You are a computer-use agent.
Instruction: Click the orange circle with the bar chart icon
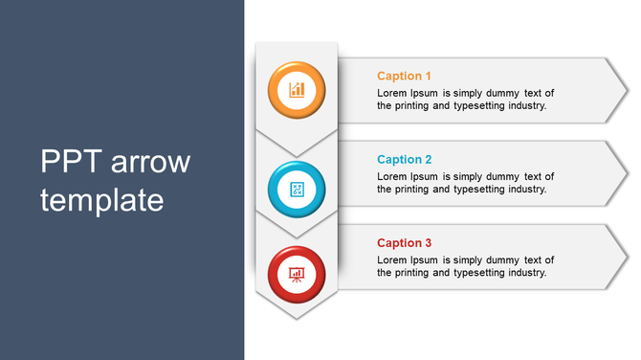coord(297,90)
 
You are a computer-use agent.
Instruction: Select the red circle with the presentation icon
coord(297,273)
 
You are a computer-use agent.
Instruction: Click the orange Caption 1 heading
coord(404,76)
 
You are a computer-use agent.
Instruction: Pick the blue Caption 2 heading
coord(404,160)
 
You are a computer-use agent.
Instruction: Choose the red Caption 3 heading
coord(404,243)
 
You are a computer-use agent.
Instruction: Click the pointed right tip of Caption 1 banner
coord(627,90)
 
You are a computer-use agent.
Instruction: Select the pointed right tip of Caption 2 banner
coord(627,173)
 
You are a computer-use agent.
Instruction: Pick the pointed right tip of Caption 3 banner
coord(627,257)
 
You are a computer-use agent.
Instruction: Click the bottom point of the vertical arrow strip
coord(297,318)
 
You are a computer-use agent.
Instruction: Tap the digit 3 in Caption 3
coord(429,243)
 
